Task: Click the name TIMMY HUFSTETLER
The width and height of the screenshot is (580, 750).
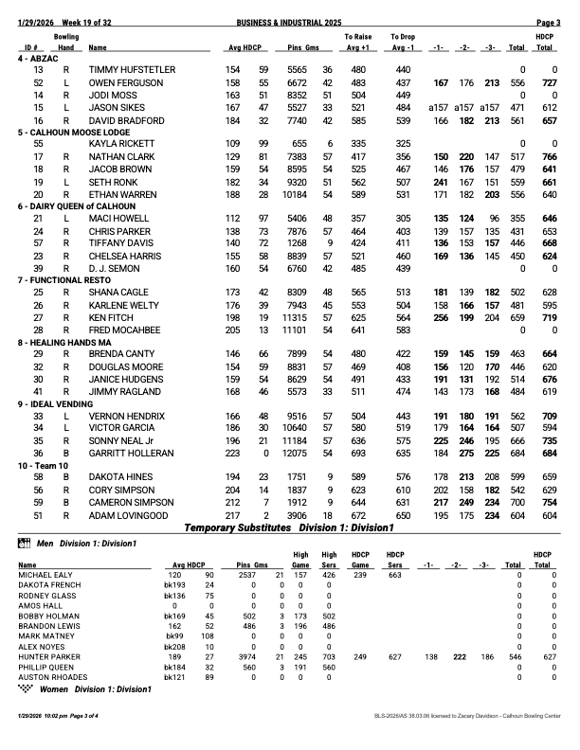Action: pos(132,70)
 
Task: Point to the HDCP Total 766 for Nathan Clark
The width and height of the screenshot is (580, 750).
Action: pos(545,156)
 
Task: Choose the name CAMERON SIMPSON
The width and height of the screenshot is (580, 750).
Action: pos(130,502)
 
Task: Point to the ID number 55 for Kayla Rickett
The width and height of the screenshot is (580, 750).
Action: pos(38,143)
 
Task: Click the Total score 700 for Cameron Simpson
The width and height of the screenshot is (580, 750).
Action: pos(517,502)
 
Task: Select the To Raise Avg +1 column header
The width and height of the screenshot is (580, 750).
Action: pos(357,41)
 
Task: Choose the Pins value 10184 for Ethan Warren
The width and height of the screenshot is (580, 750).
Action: pos(296,194)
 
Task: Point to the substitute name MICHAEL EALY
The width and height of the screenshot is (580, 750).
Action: pos(41,574)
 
